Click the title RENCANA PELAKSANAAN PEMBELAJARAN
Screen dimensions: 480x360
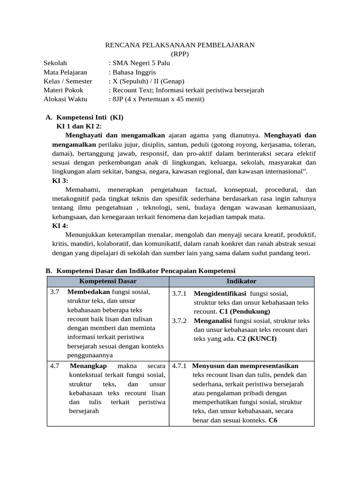180,45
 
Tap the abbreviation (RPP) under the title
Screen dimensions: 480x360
180,54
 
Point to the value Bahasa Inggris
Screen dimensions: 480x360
134,72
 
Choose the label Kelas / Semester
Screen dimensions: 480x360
68,81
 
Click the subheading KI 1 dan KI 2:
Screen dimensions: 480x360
79,126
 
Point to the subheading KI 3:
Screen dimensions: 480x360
60,180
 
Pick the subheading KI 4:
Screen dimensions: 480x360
60,225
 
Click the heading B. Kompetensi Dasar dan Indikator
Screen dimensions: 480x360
140,271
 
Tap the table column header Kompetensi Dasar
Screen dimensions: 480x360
108,281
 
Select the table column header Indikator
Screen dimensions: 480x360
241,281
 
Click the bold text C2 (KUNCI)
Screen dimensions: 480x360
257,339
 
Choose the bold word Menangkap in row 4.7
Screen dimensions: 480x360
88,366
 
